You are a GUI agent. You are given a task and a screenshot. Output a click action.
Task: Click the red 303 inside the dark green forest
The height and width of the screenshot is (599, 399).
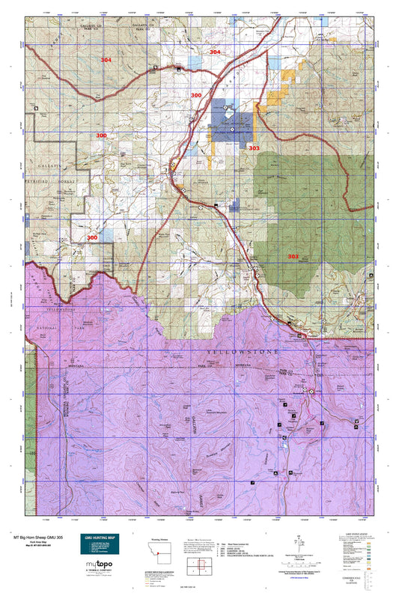[x=293, y=257]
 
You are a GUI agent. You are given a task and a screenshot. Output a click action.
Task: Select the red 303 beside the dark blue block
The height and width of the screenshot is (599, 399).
[x=254, y=148]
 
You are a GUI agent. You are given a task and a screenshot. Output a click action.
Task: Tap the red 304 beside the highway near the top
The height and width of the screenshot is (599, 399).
[x=215, y=52]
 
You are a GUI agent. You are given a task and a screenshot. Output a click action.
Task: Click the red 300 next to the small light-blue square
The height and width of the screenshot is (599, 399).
[x=92, y=237]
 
